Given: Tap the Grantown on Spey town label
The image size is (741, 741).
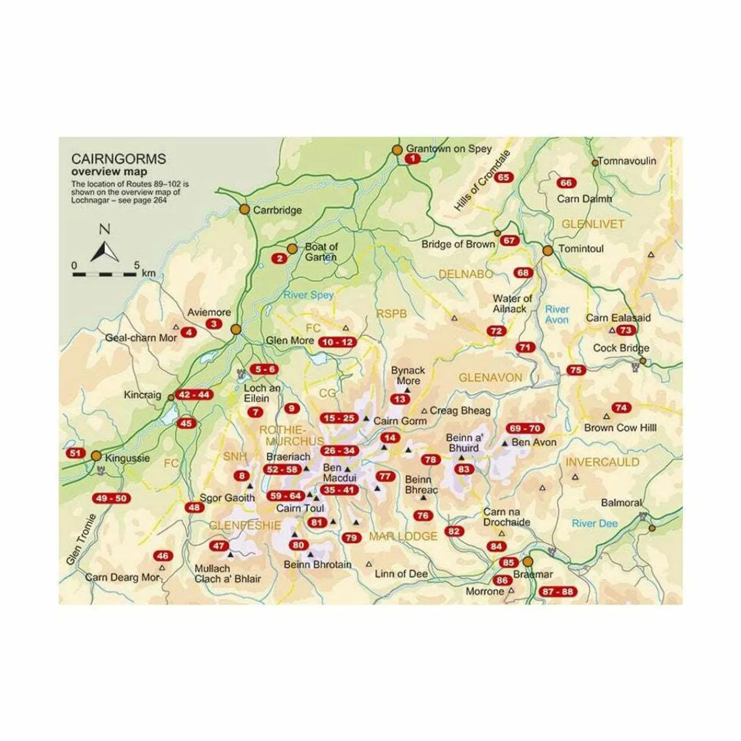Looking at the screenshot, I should tap(448, 149).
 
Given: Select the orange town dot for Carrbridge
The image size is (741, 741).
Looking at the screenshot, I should tap(244, 209).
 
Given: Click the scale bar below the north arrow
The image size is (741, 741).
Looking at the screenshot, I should tap(105, 273).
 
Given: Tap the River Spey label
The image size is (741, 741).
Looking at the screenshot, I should tap(309, 295).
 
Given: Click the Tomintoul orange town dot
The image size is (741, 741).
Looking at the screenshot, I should tap(548, 251).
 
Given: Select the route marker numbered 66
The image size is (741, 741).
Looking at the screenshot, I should tap(566, 183).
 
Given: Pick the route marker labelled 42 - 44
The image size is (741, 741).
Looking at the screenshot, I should tap(195, 395).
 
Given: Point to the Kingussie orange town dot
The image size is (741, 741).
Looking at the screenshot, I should tap(97, 456).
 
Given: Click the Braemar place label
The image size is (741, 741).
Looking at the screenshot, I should tap(533, 575).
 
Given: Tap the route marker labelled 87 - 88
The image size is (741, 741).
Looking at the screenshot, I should tap(558, 592).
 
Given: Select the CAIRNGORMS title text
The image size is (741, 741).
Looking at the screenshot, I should tap(118, 159).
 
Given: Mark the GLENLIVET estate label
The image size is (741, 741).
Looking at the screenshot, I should tap(593, 224).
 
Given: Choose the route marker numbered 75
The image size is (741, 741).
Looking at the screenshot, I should tap(576, 370).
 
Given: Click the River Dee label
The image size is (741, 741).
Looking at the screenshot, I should tap(595, 523).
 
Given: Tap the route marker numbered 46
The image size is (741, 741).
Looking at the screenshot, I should tap(163, 556).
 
